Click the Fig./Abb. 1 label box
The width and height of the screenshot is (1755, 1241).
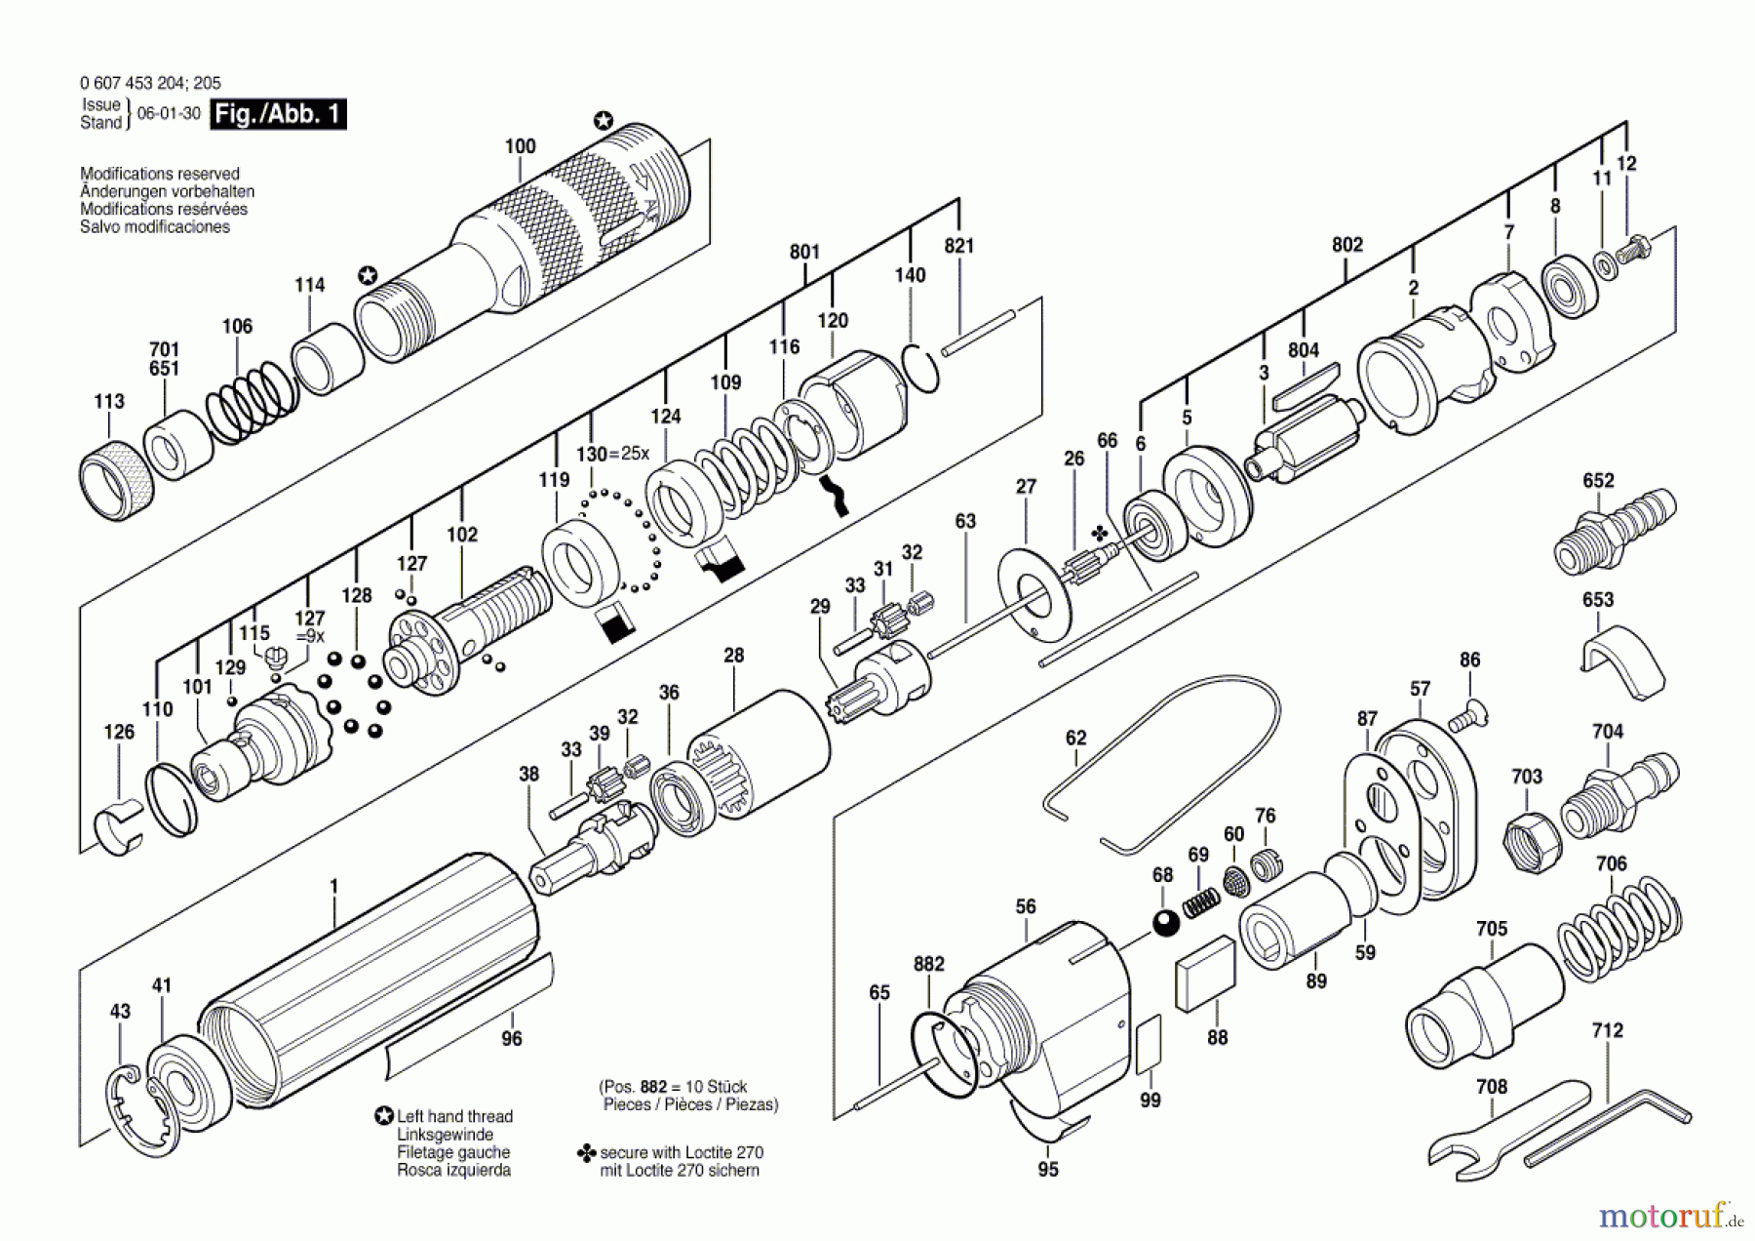point(278,114)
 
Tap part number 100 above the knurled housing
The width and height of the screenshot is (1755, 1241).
point(520,146)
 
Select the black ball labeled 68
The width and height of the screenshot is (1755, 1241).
point(1165,922)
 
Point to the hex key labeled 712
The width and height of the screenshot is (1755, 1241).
point(1609,1128)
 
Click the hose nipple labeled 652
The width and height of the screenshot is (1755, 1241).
point(1614,532)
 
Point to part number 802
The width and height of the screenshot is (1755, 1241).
point(1346,245)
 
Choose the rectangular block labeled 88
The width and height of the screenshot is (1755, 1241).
point(1205,975)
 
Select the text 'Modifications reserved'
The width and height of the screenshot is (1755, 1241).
point(160,174)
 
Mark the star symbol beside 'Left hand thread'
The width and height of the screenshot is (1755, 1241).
point(385,1116)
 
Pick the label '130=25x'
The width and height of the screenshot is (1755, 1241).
point(611,454)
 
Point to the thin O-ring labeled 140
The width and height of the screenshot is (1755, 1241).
point(919,368)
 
